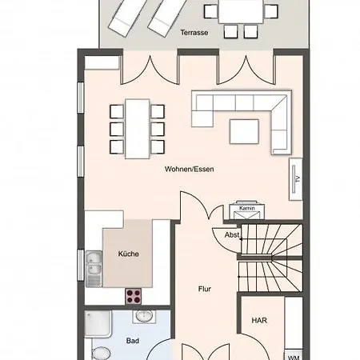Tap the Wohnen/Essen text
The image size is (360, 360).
tap(190, 169)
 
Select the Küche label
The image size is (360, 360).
tap(128, 254)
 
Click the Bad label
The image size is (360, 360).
tap(132, 341)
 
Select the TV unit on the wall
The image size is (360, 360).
tap(295, 178)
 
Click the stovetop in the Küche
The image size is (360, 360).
tap(132, 296)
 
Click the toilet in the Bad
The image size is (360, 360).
tap(101, 353)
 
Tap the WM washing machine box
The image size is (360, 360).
tap(294, 355)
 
